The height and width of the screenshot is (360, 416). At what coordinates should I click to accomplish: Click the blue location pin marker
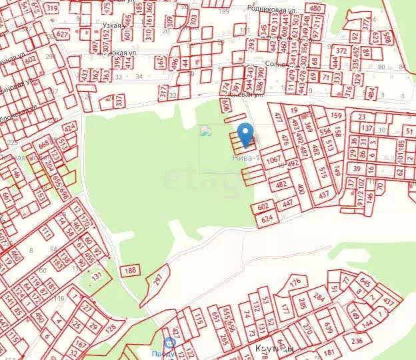(245, 133)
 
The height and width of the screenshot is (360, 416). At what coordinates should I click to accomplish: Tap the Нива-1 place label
(243, 158)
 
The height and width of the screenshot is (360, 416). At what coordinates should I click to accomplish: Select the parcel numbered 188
(130, 270)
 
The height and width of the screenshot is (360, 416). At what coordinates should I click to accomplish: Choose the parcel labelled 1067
(273, 160)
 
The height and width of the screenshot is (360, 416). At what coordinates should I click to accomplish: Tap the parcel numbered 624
(267, 218)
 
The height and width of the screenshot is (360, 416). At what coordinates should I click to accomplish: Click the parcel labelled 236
(357, 341)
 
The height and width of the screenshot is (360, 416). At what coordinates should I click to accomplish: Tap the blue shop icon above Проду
(170, 343)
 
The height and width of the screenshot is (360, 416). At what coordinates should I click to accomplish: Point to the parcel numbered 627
(62, 33)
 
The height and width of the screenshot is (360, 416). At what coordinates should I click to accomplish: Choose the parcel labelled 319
(51, 8)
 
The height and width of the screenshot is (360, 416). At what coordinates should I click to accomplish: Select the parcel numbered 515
(323, 172)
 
